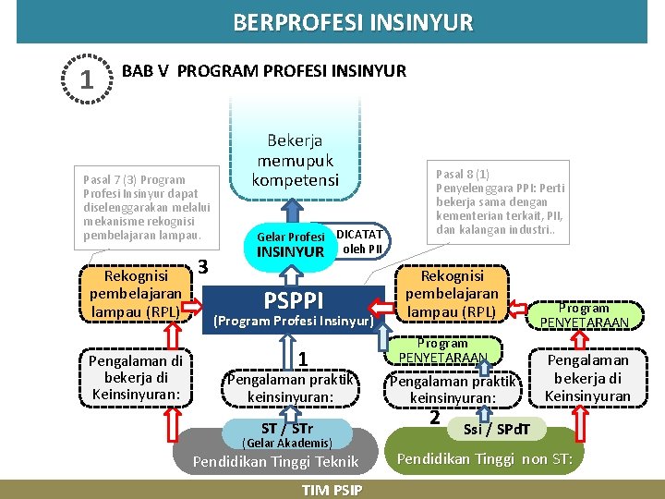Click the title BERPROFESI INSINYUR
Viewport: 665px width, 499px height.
click(x=353, y=22)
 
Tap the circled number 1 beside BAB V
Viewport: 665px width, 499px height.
click(x=86, y=79)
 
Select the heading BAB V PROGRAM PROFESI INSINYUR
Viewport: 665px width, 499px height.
click(x=264, y=71)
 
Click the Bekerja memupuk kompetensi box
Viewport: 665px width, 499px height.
click(x=295, y=158)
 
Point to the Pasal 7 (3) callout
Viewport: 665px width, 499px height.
click(x=147, y=207)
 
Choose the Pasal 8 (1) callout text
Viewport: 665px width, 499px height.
click(x=500, y=201)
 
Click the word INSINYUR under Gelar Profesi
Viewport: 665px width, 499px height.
click(x=290, y=252)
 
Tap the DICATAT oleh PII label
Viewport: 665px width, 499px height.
click(x=359, y=241)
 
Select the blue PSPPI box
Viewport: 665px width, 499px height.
click(x=293, y=309)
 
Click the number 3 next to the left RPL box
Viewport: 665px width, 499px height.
click(x=204, y=267)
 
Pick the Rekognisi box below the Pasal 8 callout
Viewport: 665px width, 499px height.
click(x=452, y=294)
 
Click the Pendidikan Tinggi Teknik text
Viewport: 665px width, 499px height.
click(x=275, y=462)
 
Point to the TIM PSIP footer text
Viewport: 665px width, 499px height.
click(x=332, y=490)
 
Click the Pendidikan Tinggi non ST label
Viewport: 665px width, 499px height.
click(x=485, y=459)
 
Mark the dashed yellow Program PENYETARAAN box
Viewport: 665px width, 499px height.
click(x=584, y=315)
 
